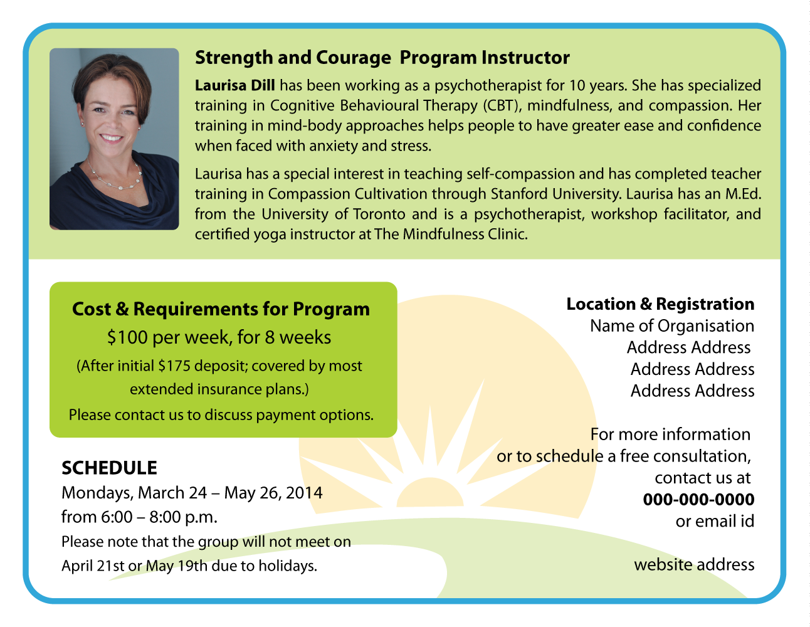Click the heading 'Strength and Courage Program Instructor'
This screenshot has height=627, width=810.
pyautogui.click(x=382, y=58)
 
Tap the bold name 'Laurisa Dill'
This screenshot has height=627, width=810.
pyautogui.click(x=235, y=85)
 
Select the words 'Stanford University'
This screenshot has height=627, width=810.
pyautogui.click(x=555, y=194)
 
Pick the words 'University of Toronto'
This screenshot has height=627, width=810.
pyautogui.click(x=334, y=214)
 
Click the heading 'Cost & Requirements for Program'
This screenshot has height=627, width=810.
pyautogui.click(x=221, y=309)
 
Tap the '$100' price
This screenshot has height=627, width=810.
pyautogui.click(x=127, y=337)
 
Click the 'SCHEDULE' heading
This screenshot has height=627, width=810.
pyautogui.click(x=109, y=468)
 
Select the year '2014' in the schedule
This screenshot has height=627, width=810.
pyautogui.click(x=304, y=493)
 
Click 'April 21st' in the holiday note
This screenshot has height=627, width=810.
pyautogui.click(x=93, y=566)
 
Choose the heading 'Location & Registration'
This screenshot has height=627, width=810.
pyautogui.click(x=660, y=304)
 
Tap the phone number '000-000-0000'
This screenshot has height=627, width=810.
pyautogui.click(x=698, y=500)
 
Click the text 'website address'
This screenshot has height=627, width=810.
pyautogui.click(x=694, y=565)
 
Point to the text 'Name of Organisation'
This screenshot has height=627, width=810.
pyautogui.click(x=672, y=326)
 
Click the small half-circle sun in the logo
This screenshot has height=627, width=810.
pyautogui.click(x=430, y=493)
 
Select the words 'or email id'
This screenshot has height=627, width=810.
pyautogui.click(x=715, y=521)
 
